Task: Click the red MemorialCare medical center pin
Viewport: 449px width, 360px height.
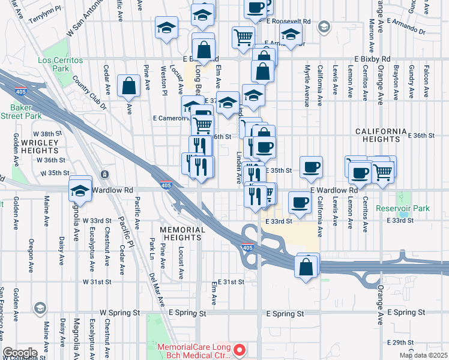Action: [x=240, y=349]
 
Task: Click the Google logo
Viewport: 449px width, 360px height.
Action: [x=20, y=352]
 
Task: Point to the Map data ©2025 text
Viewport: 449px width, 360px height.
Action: [x=424, y=355]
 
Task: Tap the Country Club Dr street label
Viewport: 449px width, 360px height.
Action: [x=89, y=93]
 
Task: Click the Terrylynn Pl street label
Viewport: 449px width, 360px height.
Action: [x=45, y=19]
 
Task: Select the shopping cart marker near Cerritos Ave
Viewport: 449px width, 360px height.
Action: [x=382, y=172]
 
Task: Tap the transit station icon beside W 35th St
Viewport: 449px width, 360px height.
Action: [x=105, y=174]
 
